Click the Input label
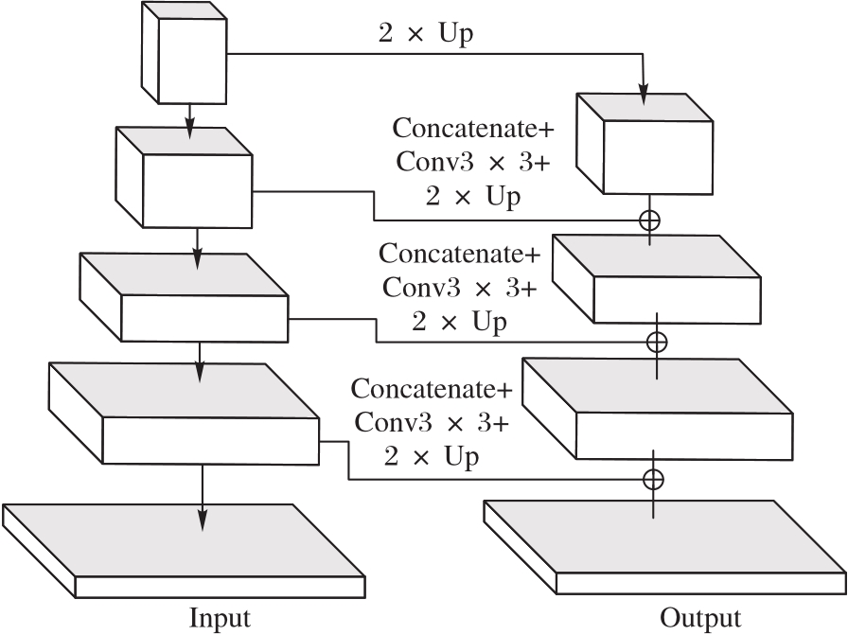point(221,618)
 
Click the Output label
point(700,618)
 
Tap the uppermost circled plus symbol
point(649,220)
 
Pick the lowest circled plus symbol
point(653,478)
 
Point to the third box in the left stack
point(184,299)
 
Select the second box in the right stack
point(657,277)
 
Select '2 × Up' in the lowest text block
point(432,456)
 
